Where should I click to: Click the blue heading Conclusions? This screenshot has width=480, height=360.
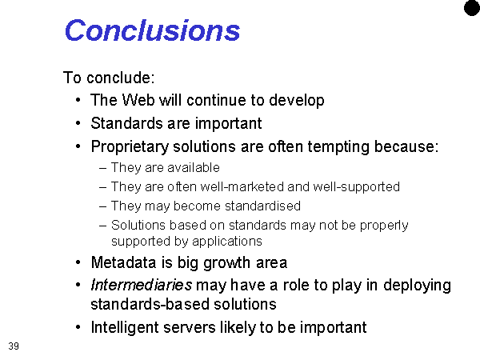153,30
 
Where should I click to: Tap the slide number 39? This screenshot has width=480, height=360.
14,346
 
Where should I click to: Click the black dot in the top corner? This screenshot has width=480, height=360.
472,8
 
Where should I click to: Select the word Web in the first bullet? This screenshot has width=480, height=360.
138,100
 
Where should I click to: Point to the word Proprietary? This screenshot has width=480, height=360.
130,147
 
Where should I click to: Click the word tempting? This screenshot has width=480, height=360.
338,147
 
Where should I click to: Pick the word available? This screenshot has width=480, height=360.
194,167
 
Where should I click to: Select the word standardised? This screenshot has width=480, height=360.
262,206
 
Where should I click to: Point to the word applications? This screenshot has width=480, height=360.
227,242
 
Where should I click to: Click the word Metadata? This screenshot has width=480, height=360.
124,262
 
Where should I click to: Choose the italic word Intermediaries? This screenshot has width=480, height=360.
142,285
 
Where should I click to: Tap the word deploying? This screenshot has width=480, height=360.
418,286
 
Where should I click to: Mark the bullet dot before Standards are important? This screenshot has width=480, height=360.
78,123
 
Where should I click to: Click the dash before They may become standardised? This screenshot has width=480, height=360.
103,206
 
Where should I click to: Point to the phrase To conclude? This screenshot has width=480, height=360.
109,78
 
